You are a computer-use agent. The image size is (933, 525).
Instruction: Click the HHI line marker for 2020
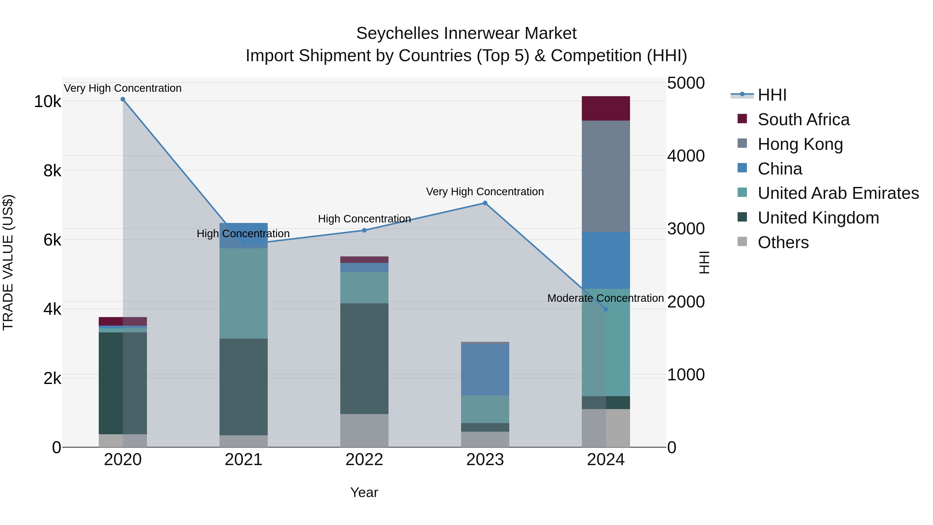[123, 99]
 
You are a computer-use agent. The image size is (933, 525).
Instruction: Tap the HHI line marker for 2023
[485, 203]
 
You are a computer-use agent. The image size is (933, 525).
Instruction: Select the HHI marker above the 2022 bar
[364, 230]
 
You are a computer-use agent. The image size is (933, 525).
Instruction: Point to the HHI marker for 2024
[606, 309]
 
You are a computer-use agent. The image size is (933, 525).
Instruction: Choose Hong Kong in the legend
[800, 144]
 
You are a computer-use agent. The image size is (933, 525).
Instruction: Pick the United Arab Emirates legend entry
[838, 193]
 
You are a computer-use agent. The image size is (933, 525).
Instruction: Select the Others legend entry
[783, 242]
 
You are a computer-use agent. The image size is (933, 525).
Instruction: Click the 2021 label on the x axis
[243, 460]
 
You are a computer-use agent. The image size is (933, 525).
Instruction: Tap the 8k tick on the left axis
[52, 171]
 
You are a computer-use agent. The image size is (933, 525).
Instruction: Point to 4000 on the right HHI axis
[685, 156]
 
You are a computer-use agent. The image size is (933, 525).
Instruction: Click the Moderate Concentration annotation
[605, 298]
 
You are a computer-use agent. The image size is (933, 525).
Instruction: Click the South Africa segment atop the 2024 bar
[606, 108]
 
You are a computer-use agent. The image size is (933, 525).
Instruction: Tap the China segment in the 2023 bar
[485, 369]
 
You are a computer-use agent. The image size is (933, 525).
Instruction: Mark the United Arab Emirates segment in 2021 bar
[243, 293]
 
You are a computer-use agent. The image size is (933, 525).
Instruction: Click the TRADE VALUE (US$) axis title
[8, 262]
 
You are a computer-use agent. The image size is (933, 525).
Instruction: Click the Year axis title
[364, 492]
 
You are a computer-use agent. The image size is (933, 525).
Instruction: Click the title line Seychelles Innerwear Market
[466, 33]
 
